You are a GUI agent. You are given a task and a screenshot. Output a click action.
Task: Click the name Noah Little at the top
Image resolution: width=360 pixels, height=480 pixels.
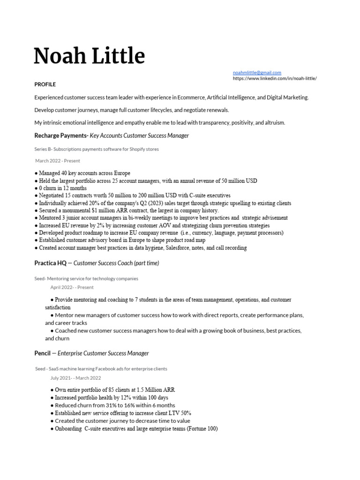pyautogui.click(x=90, y=56)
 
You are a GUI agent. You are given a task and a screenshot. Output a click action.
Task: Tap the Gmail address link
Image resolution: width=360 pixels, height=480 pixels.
pyautogui.click(x=257, y=73)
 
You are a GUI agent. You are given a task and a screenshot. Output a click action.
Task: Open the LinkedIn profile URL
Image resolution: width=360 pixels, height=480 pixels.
pyautogui.click(x=275, y=78)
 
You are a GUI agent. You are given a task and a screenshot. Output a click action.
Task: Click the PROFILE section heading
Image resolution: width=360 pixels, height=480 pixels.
pyautogui.click(x=45, y=84)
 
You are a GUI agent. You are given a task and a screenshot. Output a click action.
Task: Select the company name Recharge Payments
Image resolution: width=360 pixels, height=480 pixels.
pyautogui.click(x=60, y=135)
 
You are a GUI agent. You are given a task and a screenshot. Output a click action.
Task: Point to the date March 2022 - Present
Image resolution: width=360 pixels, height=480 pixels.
pyautogui.click(x=58, y=161)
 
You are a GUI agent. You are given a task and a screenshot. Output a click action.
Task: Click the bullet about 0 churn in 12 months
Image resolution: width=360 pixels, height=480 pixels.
pyautogui.click(x=63, y=188)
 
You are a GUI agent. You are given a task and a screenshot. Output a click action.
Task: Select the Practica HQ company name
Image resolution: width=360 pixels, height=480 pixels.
pyautogui.click(x=50, y=263)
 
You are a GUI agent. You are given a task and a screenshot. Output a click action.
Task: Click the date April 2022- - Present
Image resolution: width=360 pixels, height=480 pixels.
pyautogui.click(x=72, y=287)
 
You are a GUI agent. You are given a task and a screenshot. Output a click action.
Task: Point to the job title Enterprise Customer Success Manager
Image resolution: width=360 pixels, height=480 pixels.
pyautogui.click(x=103, y=353)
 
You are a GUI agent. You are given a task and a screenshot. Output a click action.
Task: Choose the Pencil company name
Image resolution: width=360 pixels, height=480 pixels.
pyautogui.click(x=42, y=353)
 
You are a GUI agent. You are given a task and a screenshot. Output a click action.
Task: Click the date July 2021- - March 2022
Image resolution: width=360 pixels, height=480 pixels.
pyautogui.click(x=75, y=378)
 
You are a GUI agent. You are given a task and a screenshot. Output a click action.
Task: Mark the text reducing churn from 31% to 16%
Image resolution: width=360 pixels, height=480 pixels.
pyautogui.click(x=115, y=405)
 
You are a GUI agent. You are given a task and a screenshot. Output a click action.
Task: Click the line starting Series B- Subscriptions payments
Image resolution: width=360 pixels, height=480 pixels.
pyautogui.click(x=97, y=149)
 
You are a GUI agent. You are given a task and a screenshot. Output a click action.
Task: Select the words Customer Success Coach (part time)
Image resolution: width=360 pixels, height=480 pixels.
pyautogui.click(x=116, y=263)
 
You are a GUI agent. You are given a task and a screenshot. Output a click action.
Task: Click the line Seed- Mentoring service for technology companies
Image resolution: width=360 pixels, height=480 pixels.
pyautogui.click(x=86, y=278)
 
